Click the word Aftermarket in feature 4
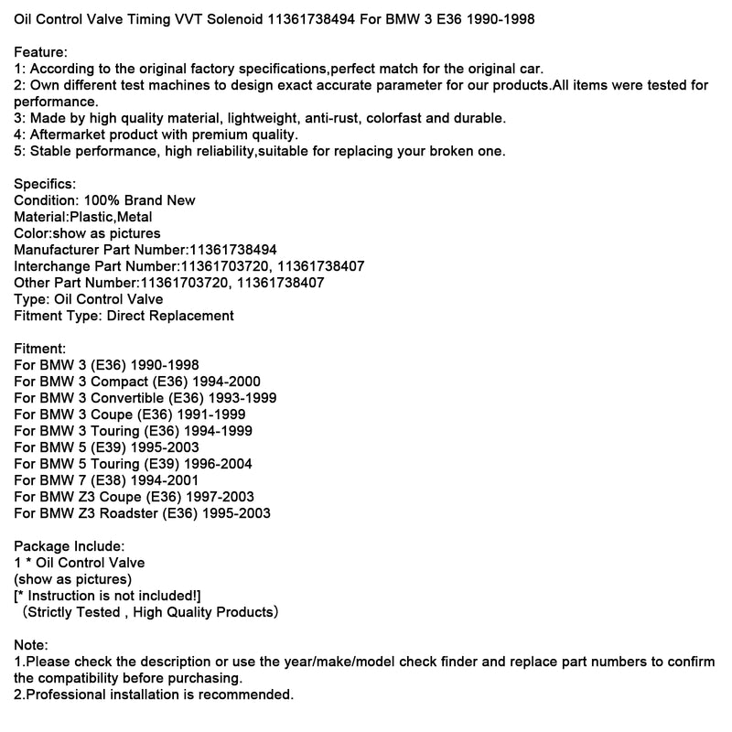(x=68, y=135)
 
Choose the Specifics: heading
(x=46, y=184)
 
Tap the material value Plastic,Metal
(x=111, y=217)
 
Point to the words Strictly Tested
(x=74, y=612)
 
